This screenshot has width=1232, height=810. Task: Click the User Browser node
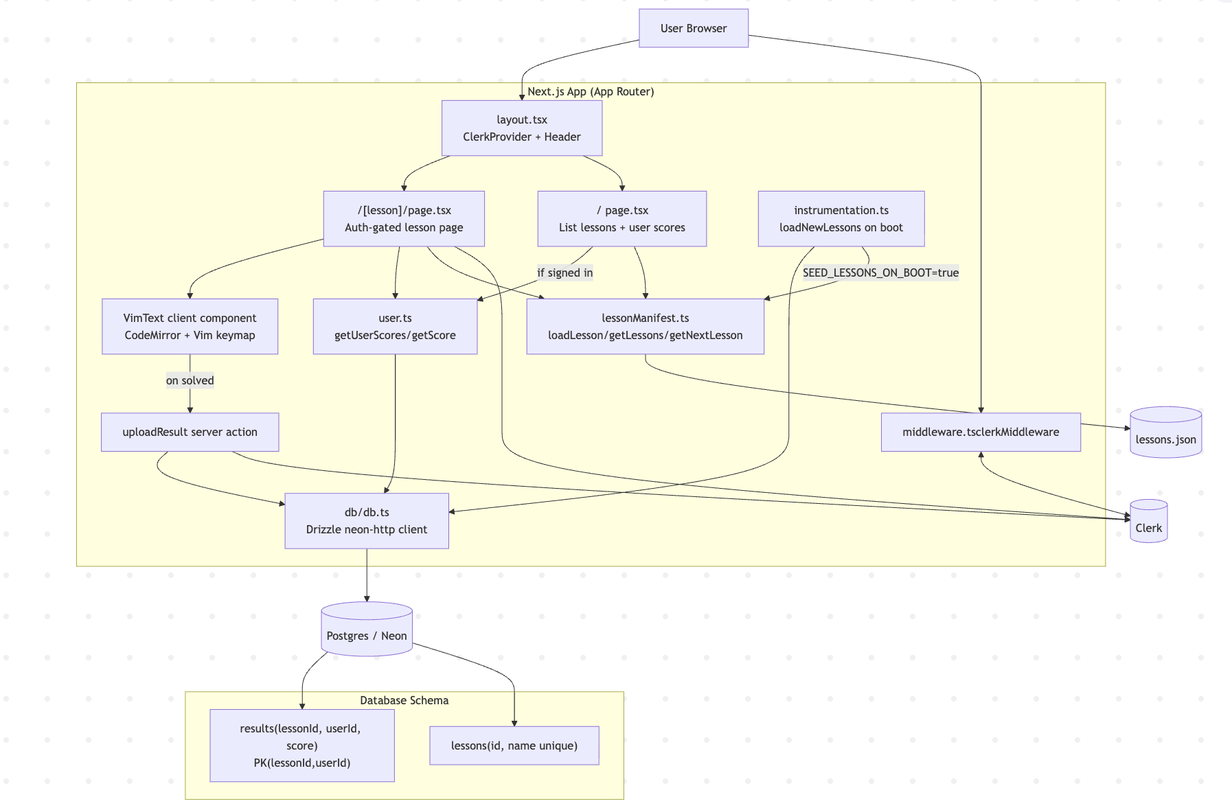(693, 28)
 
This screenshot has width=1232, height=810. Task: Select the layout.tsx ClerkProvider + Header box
(522, 128)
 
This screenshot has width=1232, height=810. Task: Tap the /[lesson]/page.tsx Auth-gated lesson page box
(404, 219)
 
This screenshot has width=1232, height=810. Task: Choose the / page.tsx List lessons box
(621, 219)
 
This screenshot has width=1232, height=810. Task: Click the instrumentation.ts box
(841, 219)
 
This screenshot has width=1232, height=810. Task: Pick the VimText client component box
(190, 327)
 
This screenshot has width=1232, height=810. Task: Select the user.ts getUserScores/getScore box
(395, 327)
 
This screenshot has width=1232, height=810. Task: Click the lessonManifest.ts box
(645, 327)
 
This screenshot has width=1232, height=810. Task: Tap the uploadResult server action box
(190, 432)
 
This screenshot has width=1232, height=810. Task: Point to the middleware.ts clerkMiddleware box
(980, 432)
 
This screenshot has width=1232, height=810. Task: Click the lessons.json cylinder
(1165, 433)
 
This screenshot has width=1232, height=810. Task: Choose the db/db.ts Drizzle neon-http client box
(366, 521)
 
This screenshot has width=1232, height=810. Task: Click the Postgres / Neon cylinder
(366, 629)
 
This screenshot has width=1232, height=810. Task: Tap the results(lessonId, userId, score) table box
(301, 745)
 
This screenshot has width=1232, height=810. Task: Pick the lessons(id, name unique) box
(514, 745)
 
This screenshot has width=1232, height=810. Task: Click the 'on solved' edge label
(190, 380)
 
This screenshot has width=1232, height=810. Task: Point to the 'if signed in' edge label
(564, 273)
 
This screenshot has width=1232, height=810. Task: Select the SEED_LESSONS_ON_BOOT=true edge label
(880, 273)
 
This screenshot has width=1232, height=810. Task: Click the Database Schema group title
(404, 700)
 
